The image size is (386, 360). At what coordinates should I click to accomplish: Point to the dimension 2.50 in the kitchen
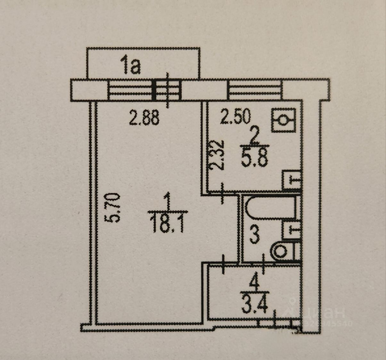[x=235, y=117]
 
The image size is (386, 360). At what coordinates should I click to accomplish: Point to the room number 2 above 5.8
[x=254, y=138]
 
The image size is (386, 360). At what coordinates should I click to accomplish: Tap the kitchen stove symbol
[x=283, y=120]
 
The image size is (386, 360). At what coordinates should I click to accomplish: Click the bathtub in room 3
[x=271, y=208]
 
